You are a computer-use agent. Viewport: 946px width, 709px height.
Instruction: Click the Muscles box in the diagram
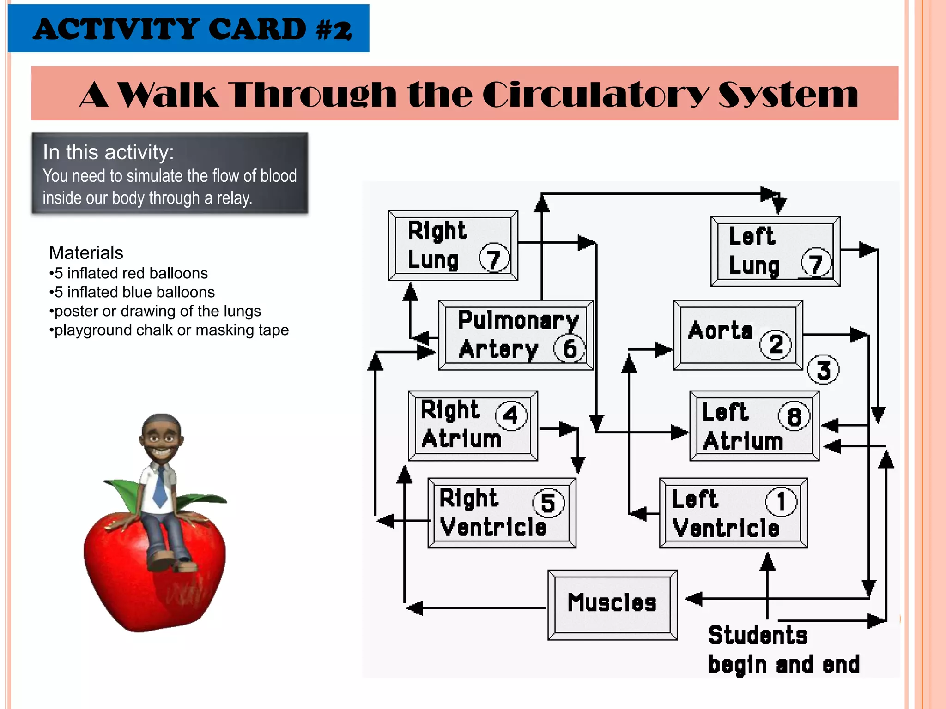[x=612, y=604]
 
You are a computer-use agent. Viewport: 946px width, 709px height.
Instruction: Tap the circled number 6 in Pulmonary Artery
[x=570, y=349]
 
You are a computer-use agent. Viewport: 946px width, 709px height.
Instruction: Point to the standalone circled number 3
[x=823, y=370]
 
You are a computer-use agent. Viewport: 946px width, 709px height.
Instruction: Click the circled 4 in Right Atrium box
[x=511, y=415]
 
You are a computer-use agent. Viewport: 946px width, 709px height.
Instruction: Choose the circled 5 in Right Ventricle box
[x=548, y=503]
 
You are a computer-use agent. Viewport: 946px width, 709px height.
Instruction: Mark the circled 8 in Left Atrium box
[x=794, y=416]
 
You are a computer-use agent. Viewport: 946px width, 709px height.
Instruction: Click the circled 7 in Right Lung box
[x=494, y=258]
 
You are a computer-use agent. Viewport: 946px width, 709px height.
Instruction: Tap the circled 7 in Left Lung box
[x=816, y=264]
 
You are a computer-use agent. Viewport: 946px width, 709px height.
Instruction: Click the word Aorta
[x=720, y=330]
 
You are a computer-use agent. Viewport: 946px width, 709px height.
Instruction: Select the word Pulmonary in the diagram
[x=518, y=320]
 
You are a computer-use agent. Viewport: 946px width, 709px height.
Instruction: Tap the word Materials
[x=86, y=253]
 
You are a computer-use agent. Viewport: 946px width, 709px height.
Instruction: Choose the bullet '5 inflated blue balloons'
[x=132, y=292]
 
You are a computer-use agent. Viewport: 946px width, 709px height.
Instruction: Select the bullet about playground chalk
[x=169, y=330]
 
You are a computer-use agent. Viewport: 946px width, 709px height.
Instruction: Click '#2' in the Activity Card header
[x=334, y=30]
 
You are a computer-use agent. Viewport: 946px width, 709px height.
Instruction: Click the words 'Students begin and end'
[x=783, y=650]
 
